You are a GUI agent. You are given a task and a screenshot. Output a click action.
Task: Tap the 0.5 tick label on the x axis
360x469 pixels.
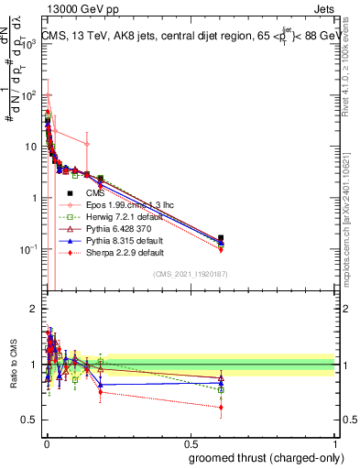coord(190,442)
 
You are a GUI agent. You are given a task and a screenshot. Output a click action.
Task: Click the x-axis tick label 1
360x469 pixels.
coord(334,442)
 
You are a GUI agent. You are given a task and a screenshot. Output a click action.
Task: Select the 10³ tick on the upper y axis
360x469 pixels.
coord(29,43)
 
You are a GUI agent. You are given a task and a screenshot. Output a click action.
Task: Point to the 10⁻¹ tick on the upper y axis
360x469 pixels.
coord(29,249)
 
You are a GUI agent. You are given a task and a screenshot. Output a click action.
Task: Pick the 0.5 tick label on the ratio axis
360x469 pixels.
coord(29,420)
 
